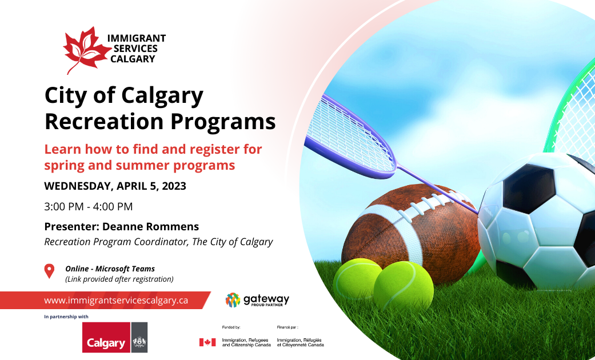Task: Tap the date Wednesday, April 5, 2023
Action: (115, 186)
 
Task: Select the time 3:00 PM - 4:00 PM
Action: (89, 206)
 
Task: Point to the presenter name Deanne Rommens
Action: (150, 226)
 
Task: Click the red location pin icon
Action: (49, 271)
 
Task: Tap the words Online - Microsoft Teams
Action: (110, 269)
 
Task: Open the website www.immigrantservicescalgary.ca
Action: (116, 300)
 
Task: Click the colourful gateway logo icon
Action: (233, 299)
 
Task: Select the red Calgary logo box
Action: (106, 337)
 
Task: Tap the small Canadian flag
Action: (207, 342)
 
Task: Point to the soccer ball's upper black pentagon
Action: (529, 188)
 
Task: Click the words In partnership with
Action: (66, 317)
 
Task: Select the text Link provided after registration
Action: (119, 279)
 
